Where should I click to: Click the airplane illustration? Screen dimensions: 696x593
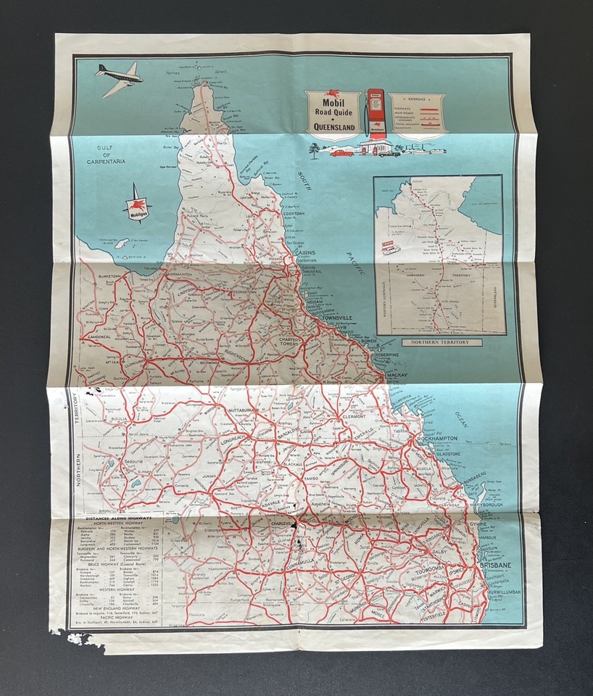click(119, 78)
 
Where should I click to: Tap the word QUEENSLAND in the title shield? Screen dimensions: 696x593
click(333, 128)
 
